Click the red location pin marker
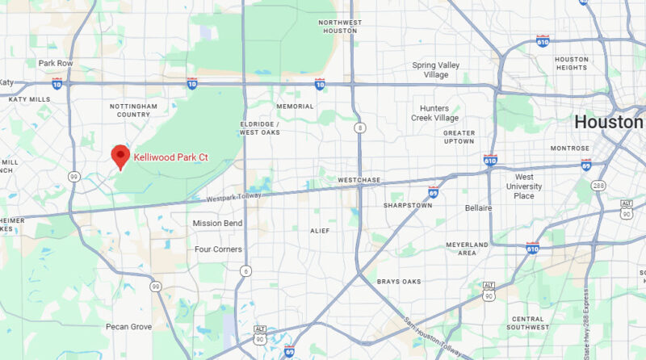(120, 156)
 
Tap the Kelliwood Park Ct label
(170, 157)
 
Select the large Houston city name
(609, 123)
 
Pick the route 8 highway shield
(359, 128)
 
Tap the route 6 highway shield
(245, 271)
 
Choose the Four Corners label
(218, 249)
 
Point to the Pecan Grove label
(128, 327)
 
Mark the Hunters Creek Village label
(438, 113)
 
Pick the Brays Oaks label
(399, 282)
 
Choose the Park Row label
(55, 63)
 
